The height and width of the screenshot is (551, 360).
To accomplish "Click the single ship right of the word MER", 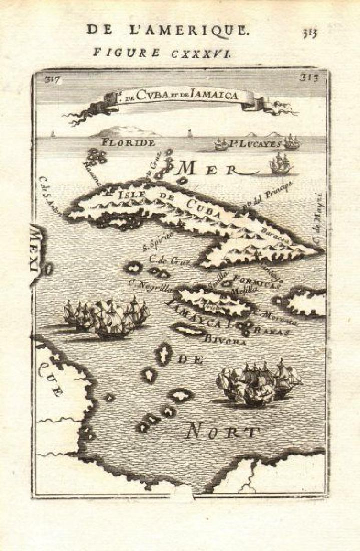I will [280, 164].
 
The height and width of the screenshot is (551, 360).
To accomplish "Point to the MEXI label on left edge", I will [38, 253].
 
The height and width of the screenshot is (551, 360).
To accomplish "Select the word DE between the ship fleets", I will [189, 359].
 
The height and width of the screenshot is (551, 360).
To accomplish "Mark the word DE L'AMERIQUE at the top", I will [167, 30].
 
